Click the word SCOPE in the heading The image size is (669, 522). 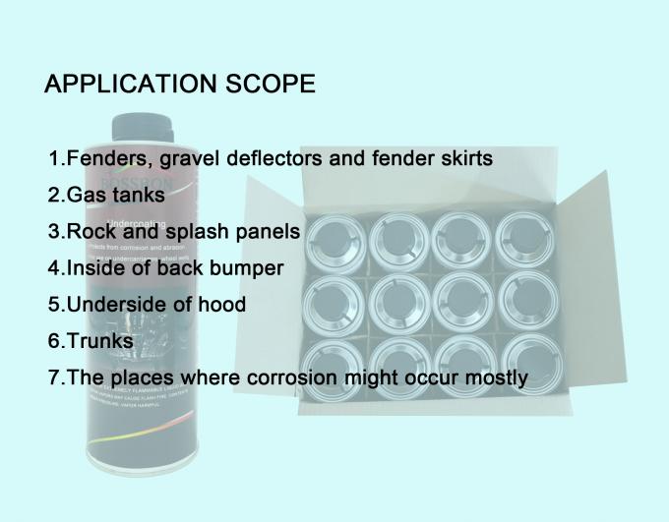pyautogui.click(x=265, y=85)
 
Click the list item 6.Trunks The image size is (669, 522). pyautogui.click(x=91, y=341)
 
